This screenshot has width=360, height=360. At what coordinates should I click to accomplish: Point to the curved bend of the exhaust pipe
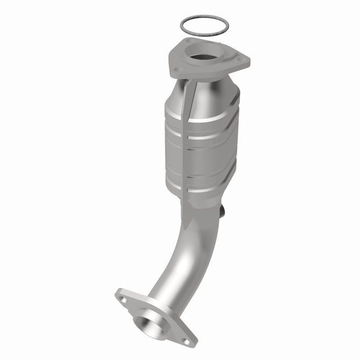(180, 252)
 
